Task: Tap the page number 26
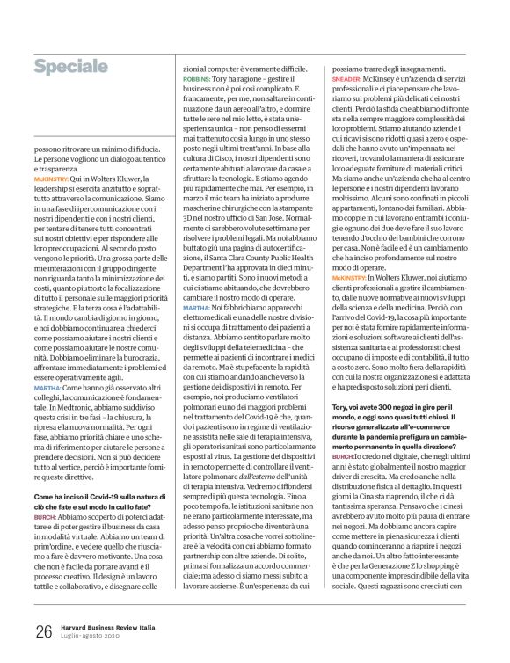pyautogui.click(x=43, y=630)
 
